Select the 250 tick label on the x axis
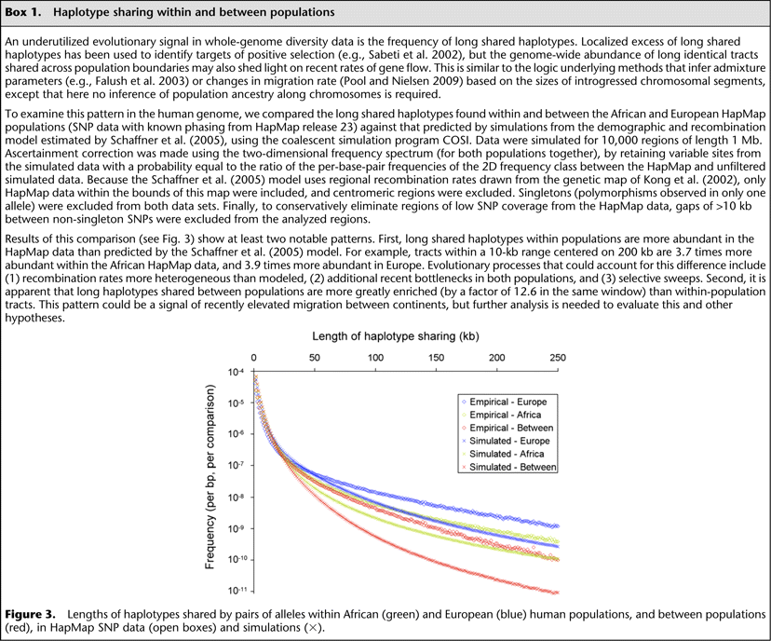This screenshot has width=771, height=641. (x=557, y=357)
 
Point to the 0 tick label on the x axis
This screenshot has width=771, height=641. (x=254, y=357)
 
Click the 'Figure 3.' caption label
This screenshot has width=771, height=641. (x=30, y=617)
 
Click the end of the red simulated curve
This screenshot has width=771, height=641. (x=556, y=593)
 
